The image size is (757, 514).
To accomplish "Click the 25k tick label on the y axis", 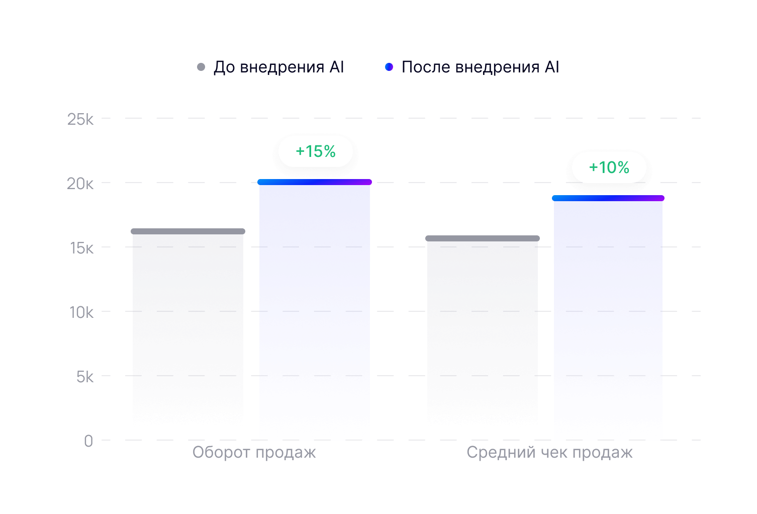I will coord(80,119).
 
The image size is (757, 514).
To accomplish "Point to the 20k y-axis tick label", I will coord(80,184).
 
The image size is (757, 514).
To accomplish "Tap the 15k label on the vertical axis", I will coord(81,248).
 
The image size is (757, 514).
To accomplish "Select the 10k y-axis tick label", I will coord(81,312).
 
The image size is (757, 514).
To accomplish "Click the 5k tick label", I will coord(85,377).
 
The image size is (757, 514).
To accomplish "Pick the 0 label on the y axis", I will coord(88,441).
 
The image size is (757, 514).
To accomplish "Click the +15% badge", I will coord(316,151).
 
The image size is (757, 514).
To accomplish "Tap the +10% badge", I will coord(609,167).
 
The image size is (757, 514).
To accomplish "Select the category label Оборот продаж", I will coord(254,452).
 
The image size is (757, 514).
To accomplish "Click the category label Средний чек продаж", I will coord(549,452).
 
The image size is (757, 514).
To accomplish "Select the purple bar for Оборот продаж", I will coord(315,312).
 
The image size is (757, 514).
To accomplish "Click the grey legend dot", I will coord(201,67).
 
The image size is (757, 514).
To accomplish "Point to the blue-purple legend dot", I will coord(389,67).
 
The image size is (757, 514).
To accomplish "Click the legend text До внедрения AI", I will coord(279,67).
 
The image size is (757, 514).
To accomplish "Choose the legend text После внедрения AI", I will coord(481,67).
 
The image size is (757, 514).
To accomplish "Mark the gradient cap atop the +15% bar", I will coord(315,182).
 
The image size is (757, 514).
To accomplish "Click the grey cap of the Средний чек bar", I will coord(483,238).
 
